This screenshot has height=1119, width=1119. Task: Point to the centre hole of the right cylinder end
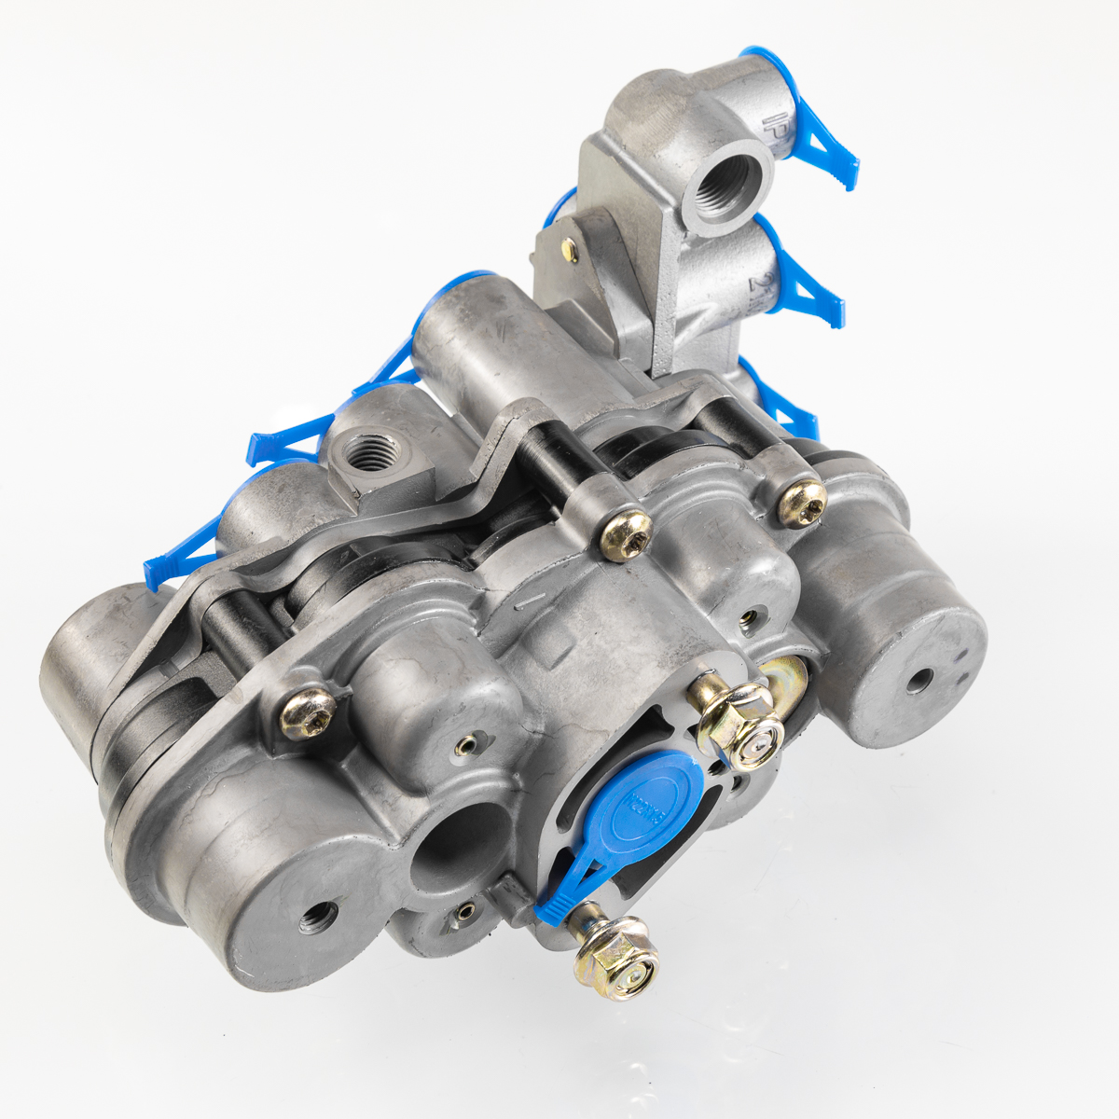point(919,681)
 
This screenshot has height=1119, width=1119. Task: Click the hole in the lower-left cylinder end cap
point(314,918)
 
